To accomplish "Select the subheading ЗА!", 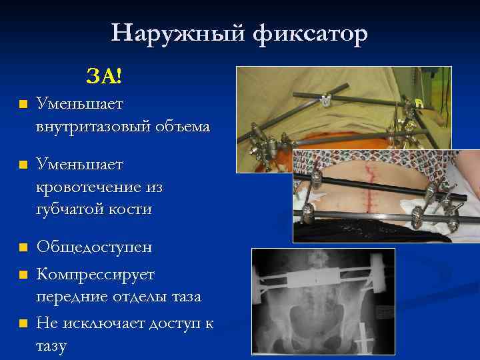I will pyautogui.click(x=103, y=77).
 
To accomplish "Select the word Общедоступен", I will pyautogui.click(x=94, y=247).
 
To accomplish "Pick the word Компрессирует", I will pyautogui.click(x=95, y=274).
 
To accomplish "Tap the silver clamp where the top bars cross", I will pyautogui.click(x=325, y=102).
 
